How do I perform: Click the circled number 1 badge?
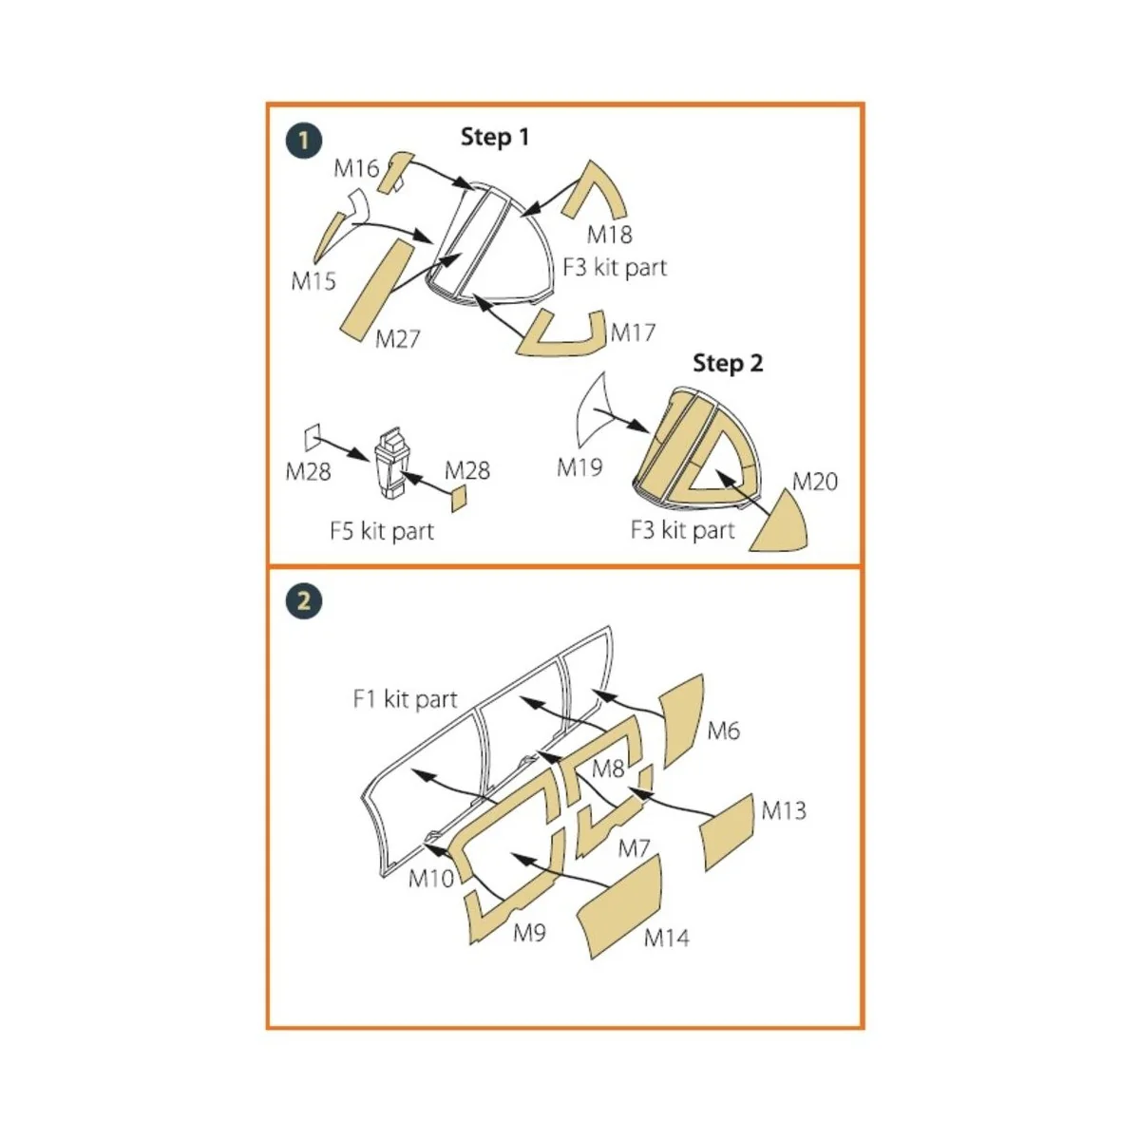[x=304, y=142]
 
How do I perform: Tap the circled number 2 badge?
[x=304, y=601]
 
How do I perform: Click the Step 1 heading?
[x=494, y=137]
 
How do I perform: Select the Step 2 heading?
[x=727, y=363]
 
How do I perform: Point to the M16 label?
[x=355, y=168]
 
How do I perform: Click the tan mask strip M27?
[x=377, y=286]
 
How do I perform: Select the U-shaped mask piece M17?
[x=562, y=337]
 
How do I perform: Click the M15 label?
[x=313, y=281]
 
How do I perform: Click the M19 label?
[x=579, y=467]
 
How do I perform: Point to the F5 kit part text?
[x=381, y=530]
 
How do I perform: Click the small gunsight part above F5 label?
[x=390, y=464]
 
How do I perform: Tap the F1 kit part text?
[x=405, y=700]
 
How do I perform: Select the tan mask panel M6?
[x=683, y=717]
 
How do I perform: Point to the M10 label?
[x=430, y=878]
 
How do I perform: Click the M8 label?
[x=607, y=768]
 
